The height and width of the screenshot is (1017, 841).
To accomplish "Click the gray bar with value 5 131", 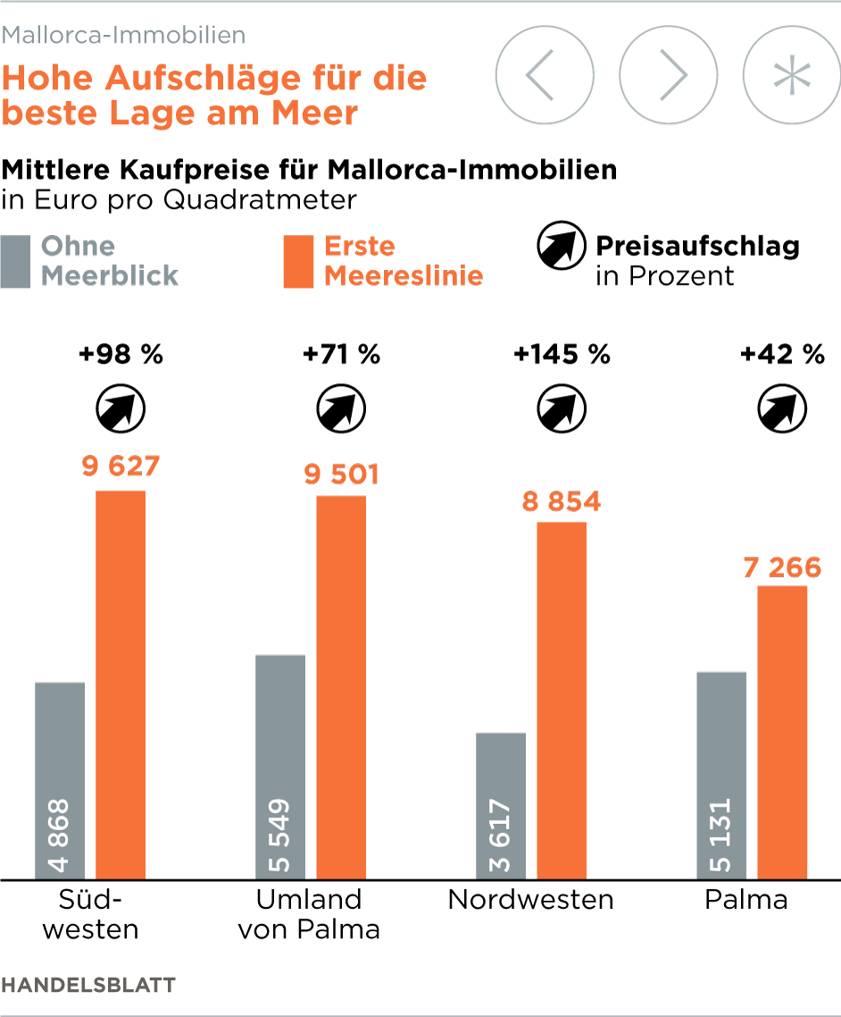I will click(721, 774).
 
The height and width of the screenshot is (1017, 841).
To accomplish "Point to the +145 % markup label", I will click(562, 355).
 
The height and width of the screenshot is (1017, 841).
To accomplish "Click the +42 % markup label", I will click(782, 355).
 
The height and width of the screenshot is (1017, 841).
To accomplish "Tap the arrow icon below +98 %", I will click(121, 409).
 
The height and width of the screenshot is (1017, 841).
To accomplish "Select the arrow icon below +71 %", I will click(341, 409).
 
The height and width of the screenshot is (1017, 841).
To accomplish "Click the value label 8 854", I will click(562, 501).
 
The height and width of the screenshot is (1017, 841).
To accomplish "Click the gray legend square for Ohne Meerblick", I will click(15, 261).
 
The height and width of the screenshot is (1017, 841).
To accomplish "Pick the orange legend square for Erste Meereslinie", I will click(298, 261).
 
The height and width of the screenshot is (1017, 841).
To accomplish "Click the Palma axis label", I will click(746, 899).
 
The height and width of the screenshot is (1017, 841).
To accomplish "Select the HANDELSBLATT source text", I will click(88, 985).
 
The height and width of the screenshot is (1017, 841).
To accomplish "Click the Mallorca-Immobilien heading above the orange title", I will click(124, 35).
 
